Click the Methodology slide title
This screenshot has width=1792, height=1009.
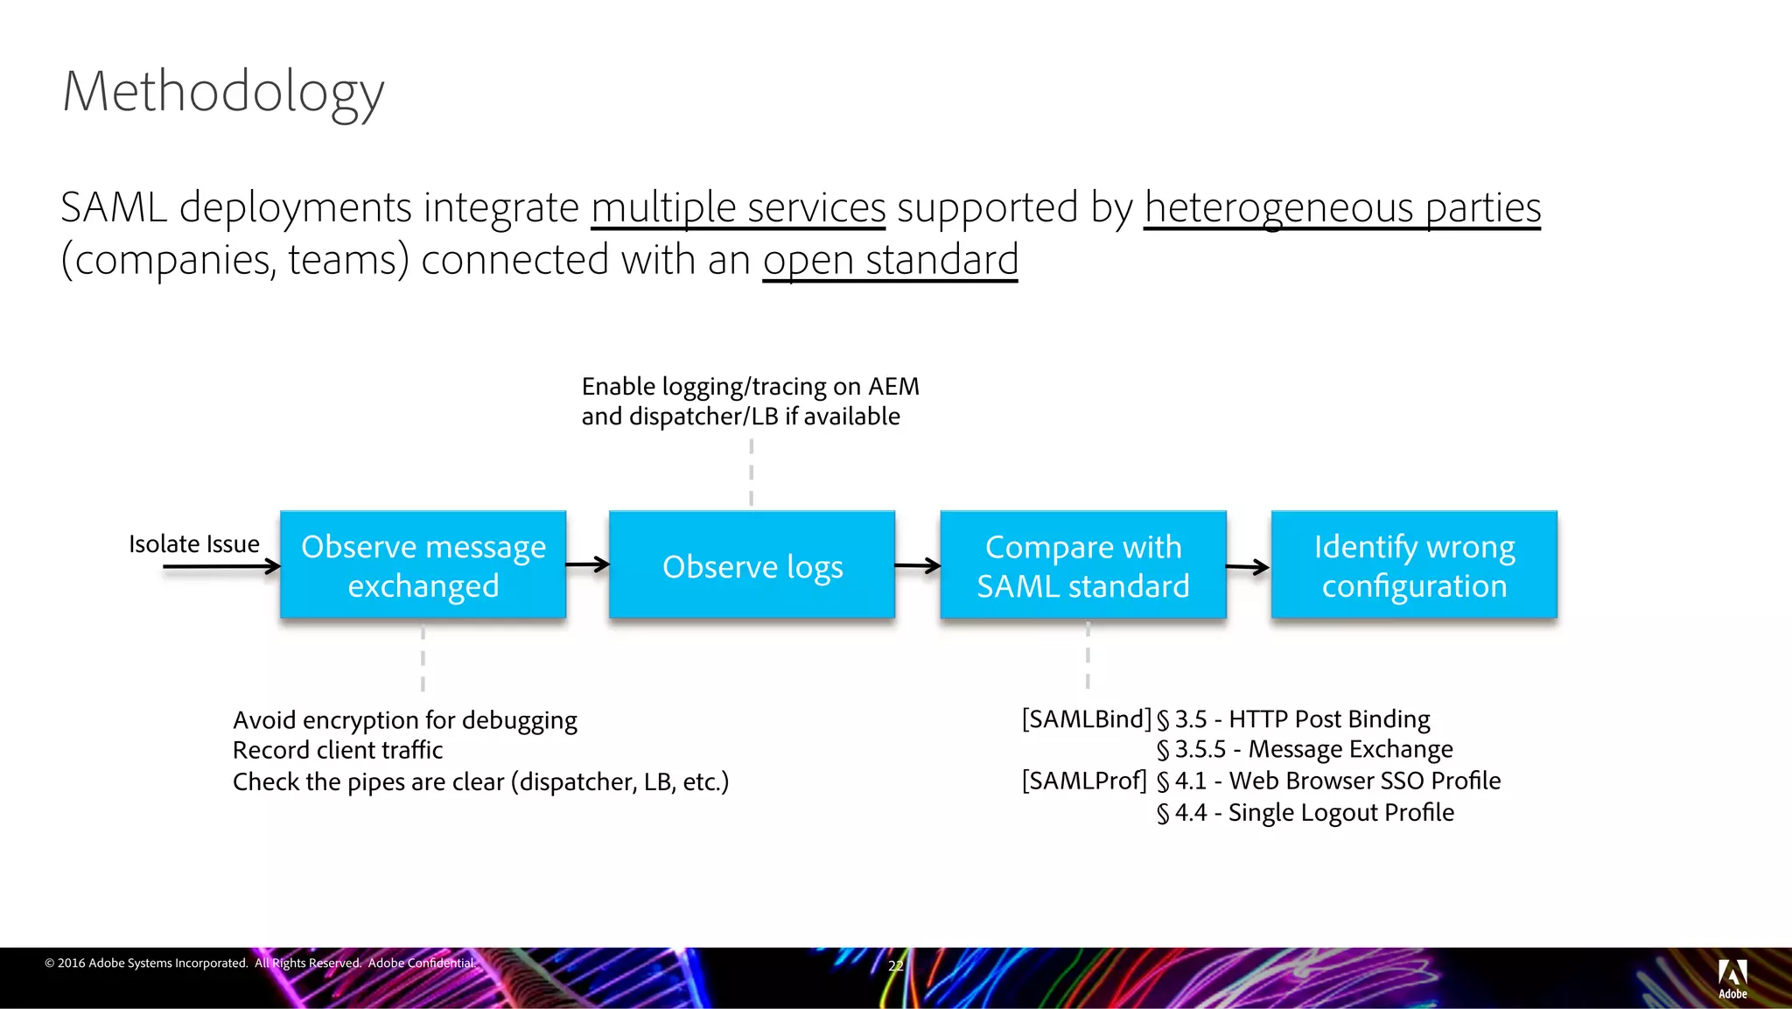point(223,92)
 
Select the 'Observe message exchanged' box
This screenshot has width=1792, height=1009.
point(423,565)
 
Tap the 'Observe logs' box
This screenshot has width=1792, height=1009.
point(752,566)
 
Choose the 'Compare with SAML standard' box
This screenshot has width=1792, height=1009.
point(1083,565)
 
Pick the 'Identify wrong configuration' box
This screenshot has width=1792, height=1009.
point(1414,565)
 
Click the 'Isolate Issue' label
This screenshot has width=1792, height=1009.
point(194,543)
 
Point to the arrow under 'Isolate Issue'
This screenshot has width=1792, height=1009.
point(221,567)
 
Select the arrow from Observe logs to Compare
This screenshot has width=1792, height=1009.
point(917,566)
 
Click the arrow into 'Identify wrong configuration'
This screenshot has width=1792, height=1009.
point(1248,567)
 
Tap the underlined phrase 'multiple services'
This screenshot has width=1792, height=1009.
point(738,208)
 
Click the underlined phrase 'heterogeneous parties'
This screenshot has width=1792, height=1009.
point(1342,208)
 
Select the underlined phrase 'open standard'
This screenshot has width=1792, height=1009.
point(890,260)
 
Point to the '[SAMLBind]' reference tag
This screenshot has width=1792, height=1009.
point(1086,719)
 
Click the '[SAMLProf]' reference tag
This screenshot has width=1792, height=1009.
point(1084,781)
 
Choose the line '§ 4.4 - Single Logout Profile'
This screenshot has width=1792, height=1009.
point(1305,813)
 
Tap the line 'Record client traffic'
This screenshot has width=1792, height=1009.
point(338,751)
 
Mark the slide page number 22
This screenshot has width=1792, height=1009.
point(895,965)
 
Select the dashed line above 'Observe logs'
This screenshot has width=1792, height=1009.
point(752,473)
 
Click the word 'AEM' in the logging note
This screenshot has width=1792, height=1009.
point(893,387)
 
